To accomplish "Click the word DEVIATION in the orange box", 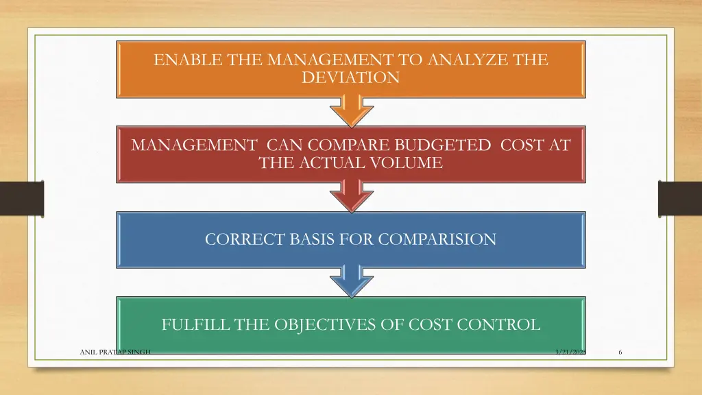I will point(350,77).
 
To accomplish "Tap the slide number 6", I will point(620,352).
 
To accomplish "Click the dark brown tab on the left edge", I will point(21,198).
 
